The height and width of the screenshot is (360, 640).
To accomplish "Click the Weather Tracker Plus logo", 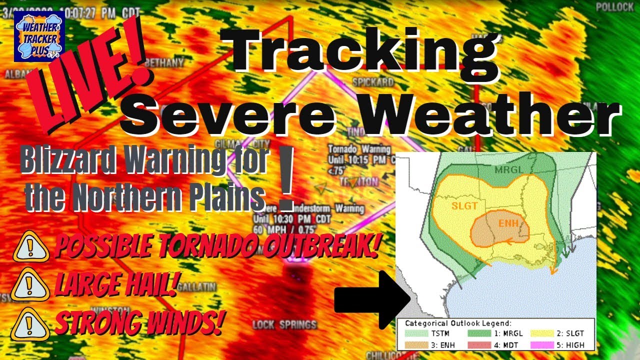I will [39, 36].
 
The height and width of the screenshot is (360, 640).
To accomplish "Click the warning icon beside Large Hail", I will [30, 285].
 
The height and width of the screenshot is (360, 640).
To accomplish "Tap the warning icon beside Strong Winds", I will [29, 324].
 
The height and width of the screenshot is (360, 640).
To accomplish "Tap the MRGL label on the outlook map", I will [509, 170].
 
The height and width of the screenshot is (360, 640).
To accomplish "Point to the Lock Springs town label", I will [284, 324].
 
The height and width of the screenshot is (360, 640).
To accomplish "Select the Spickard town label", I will [373, 81].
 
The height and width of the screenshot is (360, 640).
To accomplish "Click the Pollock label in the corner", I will [614, 7].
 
